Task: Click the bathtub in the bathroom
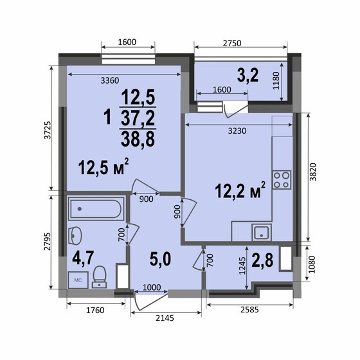[96, 209]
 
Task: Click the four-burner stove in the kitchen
[282, 179]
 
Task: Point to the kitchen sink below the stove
[261, 232]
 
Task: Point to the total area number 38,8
[138, 139]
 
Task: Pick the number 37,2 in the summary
[138, 118]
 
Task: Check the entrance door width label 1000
[152, 287]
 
